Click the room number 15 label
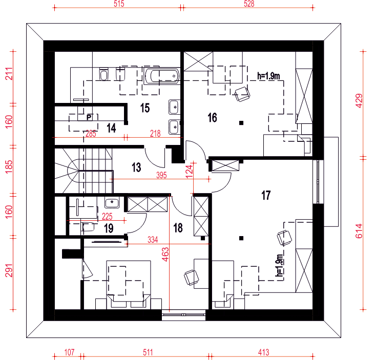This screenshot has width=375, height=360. pyautogui.click(x=145, y=108)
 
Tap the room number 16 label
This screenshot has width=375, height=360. pyautogui.click(x=213, y=118)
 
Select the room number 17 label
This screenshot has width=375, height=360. pyautogui.click(x=266, y=195)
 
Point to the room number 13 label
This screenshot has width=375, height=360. pyautogui.click(x=136, y=167)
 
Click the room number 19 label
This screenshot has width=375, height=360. pyautogui.click(x=109, y=228)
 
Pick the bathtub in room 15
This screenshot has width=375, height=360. pyautogui.click(x=162, y=76)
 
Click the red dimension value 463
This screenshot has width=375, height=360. pyautogui.click(x=165, y=255)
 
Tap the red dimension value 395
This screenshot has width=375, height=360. pyautogui.click(x=161, y=175)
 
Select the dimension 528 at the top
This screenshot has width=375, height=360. pyautogui.click(x=249, y=4)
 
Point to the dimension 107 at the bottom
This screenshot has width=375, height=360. pyautogui.click(x=69, y=352)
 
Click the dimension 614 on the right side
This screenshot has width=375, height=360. pyautogui.click(x=359, y=231)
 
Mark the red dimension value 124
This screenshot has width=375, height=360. pyautogui.click(x=189, y=171)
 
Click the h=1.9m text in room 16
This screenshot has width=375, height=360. pyautogui.click(x=268, y=76)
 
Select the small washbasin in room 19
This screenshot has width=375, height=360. pyautogui.click(x=112, y=203)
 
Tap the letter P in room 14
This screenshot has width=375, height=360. pyautogui.click(x=89, y=117)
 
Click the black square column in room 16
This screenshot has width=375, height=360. pyautogui.click(x=241, y=123)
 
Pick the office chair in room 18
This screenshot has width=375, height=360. pyautogui.click(x=191, y=278)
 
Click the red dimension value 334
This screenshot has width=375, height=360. pyautogui.click(x=153, y=240)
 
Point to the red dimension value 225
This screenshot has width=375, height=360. pyautogui.click(x=107, y=217)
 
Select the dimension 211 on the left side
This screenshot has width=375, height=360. pyautogui.click(x=9, y=73)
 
